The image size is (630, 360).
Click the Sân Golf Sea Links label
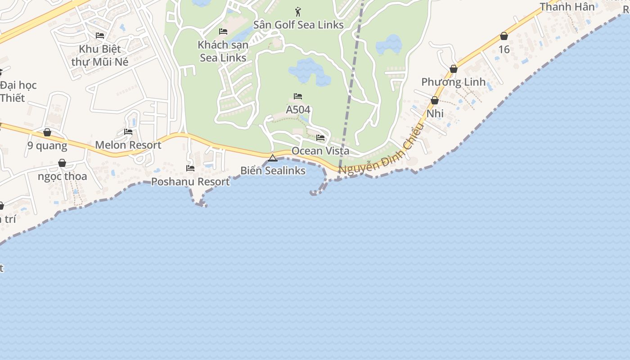[298, 25]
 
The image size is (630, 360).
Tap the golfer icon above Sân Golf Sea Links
[297, 12]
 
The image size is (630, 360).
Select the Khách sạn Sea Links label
[223, 51]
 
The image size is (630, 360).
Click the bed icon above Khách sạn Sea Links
[223, 31]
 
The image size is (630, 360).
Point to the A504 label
[298, 110]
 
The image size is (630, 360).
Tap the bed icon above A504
[298, 96]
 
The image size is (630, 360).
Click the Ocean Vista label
[320, 151]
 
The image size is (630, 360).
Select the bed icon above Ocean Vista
[320, 138]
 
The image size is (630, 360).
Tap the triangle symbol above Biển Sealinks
[272, 158]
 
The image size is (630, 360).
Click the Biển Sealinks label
[273, 171]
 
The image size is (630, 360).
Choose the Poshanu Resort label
[190, 181]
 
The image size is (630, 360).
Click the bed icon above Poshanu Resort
[190, 168]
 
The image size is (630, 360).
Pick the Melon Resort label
[128, 145]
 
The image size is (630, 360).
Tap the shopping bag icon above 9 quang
[47, 132]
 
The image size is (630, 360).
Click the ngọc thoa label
[62, 176]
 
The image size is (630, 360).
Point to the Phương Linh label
[453, 82]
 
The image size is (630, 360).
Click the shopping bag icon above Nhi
[435, 100]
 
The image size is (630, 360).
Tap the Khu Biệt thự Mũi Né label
[100, 55]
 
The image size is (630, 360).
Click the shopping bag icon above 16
[504, 36]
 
